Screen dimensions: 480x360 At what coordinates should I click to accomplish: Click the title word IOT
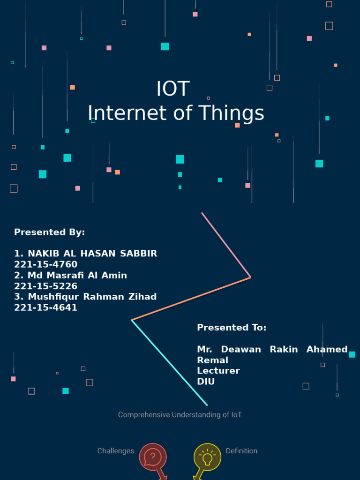click(173, 89)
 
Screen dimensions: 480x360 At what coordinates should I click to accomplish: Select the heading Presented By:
click(49, 232)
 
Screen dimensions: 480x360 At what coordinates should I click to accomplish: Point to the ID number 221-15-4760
click(45, 264)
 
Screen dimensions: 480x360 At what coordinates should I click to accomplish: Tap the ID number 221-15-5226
click(45, 286)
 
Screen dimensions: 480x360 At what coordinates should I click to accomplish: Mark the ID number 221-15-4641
click(45, 307)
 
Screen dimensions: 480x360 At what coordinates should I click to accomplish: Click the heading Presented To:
click(232, 328)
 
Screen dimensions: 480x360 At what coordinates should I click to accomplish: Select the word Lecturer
click(218, 371)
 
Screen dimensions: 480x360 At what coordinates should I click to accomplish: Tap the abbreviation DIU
click(206, 382)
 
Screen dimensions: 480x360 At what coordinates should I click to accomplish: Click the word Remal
click(212, 360)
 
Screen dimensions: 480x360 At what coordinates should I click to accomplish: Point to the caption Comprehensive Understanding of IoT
click(180, 415)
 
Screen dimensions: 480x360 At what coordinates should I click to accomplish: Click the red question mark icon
click(153, 457)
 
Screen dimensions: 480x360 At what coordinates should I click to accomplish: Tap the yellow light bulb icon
click(207, 457)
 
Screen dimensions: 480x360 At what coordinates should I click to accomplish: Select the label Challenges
click(115, 451)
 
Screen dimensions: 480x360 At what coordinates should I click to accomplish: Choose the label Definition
click(241, 451)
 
